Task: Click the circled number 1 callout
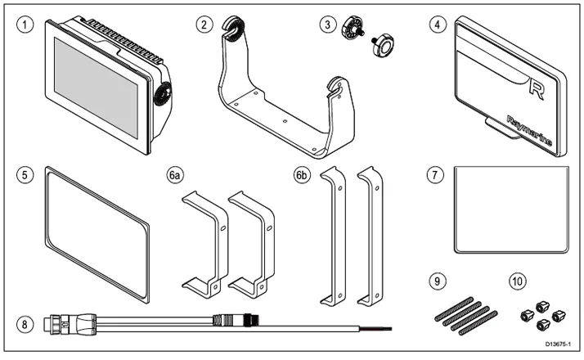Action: [29, 25]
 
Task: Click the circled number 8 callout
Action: [29, 324]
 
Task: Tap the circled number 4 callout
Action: [438, 25]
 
